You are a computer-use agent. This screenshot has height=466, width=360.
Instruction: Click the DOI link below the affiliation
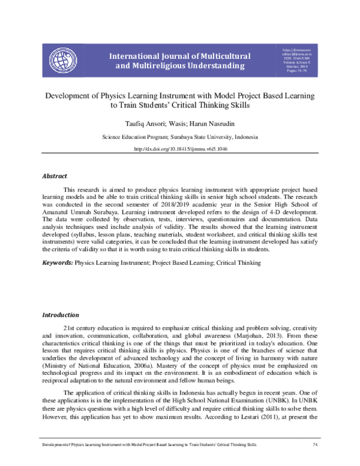point(179,149)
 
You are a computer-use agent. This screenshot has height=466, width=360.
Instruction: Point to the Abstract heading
point(54,175)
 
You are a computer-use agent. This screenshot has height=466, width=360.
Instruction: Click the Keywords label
point(57,263)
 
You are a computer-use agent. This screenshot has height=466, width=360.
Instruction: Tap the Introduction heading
point(60,315)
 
